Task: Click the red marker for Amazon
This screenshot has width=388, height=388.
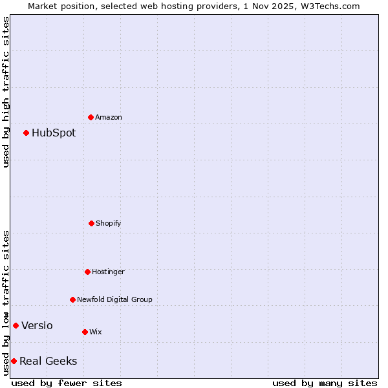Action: pos(91,117)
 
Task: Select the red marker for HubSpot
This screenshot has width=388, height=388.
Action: pos(26,133)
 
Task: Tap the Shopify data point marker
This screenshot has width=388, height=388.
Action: pos(91,223)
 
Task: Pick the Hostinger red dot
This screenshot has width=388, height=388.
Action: pos(87,272)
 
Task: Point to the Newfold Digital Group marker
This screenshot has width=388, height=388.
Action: pos(72,299)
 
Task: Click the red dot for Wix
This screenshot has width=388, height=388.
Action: pos(85,332)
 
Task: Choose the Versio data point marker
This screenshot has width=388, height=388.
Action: pos(16,325)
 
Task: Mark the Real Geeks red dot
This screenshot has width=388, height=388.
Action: pos(14,361)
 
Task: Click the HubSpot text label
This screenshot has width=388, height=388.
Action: pos(54,133)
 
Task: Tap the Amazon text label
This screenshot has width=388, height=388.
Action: pos(109,118)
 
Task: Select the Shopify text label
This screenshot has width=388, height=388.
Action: pos(109,224)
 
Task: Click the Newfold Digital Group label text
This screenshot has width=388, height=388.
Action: pos(114,300)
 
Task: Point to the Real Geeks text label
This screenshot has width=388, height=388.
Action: pos(48,361)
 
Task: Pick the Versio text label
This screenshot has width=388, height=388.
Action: pos(37,326)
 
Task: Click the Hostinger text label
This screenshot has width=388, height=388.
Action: pos(108,272)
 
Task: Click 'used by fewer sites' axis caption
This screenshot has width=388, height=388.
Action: pos(67,383)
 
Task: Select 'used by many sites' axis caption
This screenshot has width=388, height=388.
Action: pos(325,383)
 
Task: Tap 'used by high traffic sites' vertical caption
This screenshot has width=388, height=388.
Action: pos(6,92)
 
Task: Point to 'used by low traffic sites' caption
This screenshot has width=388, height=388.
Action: pos(6,303)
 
